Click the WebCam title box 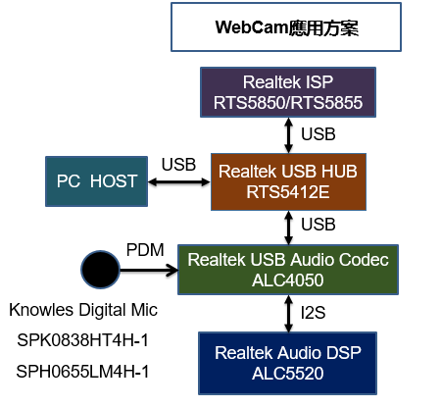(286, 27)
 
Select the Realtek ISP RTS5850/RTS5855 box (288, 92)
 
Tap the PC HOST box (96, 181)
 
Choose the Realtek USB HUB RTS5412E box (288, 181)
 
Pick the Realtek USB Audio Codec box (288, 270)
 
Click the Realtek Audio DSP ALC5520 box (287, 363)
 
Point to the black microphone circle (100, 270)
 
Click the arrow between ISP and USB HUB (288, 135)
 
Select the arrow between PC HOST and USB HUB (179, 182)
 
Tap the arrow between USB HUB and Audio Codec (288, 228)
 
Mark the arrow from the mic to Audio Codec (149, 270)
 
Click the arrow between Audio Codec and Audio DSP (288, 314)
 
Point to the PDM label (145, 250)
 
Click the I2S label (313, 313)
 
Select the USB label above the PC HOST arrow (178, 165)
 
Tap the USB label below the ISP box (318, 134)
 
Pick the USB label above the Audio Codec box (318, 225)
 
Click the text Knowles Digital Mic (83, 310)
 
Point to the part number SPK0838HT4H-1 (83, 340)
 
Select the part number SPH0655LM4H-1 (82, 372)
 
